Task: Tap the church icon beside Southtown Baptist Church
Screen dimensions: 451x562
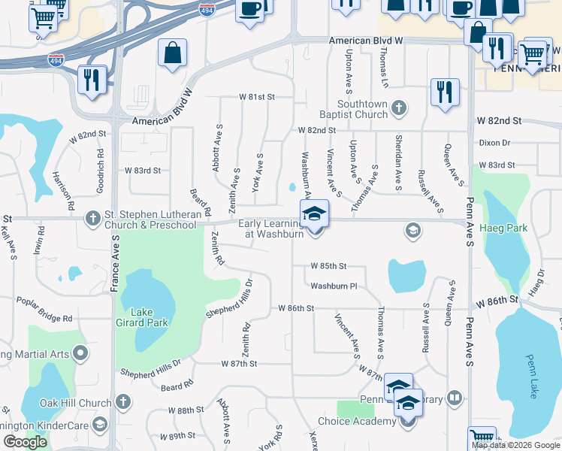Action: [399, 110]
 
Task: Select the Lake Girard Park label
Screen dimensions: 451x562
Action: [147, 317]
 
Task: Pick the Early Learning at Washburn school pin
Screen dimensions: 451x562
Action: [314, 213]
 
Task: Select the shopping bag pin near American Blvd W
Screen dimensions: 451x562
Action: [172, 53]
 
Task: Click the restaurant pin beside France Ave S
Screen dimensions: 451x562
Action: [92, 80]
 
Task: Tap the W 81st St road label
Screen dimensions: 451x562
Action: [258, 97]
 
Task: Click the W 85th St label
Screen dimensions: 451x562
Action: [329, 266]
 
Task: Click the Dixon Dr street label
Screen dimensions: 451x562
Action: [494, 143]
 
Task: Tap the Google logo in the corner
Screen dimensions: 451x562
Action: [25, 442]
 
